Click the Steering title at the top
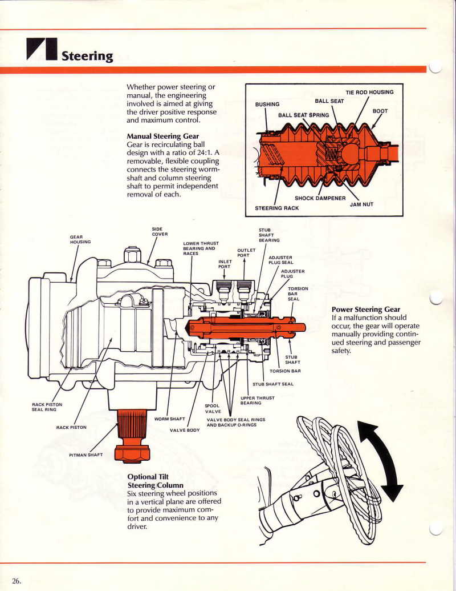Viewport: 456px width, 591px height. (x=87, y=55)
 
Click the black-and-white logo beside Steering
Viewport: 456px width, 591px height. (x=42, y=50)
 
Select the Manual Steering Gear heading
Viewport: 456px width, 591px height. (x=162, y=136)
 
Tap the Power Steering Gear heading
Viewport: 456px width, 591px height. (x=365, y=309)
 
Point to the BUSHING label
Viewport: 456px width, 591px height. (x=267, y=104)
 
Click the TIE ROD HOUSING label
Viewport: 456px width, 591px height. (x=369, y=93)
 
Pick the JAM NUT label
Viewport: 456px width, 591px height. (x=361, y=204)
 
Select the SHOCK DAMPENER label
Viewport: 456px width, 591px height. (x=320, y=198)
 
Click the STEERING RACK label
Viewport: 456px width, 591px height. (x=276, y=208)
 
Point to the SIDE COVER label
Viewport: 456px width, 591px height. (x=160, y=231)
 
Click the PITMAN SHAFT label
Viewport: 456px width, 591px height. (x=86, y=456)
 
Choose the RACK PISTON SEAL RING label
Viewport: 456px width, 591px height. (x=47, y=407)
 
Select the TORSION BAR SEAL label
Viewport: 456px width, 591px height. (x=297, y=294)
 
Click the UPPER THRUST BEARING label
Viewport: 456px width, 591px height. (x=257, y=400)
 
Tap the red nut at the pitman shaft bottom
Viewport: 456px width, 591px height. (x=132, y=453)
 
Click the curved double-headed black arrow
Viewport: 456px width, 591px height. (x=381, y=459)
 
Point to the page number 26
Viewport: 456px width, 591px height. (x=17, y=581)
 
